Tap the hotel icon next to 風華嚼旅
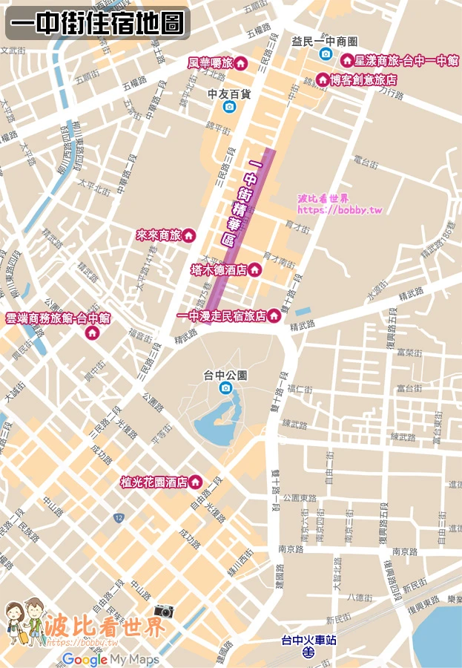(x=240, y=64)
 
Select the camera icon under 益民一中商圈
(x=325, y=54)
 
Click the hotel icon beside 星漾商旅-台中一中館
(x=346, y=60)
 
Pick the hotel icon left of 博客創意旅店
(x=322, y=79)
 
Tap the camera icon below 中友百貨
(x=229, y=107)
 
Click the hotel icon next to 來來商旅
(x=189, y=235)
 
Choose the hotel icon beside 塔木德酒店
(x=255, y=269)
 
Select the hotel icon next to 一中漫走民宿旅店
(x=274, y=316)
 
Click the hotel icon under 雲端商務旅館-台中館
(x=93, y=333)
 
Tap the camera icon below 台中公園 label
(x=225, y=388)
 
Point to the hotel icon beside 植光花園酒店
(x=195, y=482)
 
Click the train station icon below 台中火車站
(x=308, y=652)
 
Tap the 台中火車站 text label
(x=308, y=639)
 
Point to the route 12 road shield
(x=119, y=516)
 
